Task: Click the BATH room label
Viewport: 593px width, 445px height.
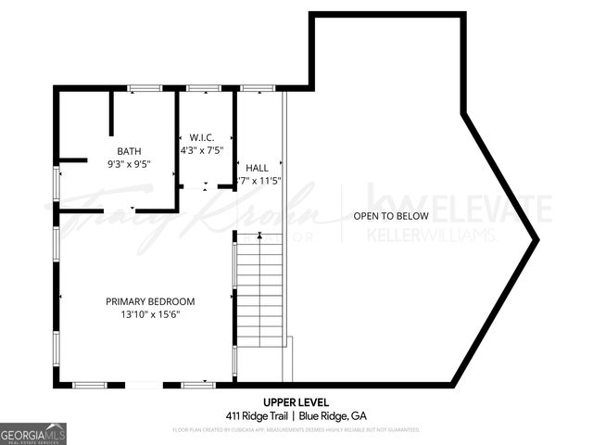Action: tap(129, 151)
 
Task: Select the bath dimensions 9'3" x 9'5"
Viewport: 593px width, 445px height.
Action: tap(129, 164)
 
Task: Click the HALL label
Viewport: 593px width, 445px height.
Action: tap(257, 168)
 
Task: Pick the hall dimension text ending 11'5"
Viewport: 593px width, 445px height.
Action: tap(259, 181)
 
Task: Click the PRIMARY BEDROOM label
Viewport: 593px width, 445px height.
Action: tap(150, 301)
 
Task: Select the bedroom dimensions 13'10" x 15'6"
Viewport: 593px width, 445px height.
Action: tap(150, 314)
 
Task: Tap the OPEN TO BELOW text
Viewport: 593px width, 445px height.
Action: tap(390, 216)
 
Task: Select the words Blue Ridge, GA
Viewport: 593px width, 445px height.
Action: tap(333, 415)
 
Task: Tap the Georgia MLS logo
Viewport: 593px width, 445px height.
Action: tap(33, 433)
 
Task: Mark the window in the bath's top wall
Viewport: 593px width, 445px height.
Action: tap(144, 88)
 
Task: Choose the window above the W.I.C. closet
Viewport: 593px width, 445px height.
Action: tap(204, 88)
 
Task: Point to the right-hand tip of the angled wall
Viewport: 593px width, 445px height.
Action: tap(536, 240)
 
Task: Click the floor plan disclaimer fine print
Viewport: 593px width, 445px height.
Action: tap(296, 430)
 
